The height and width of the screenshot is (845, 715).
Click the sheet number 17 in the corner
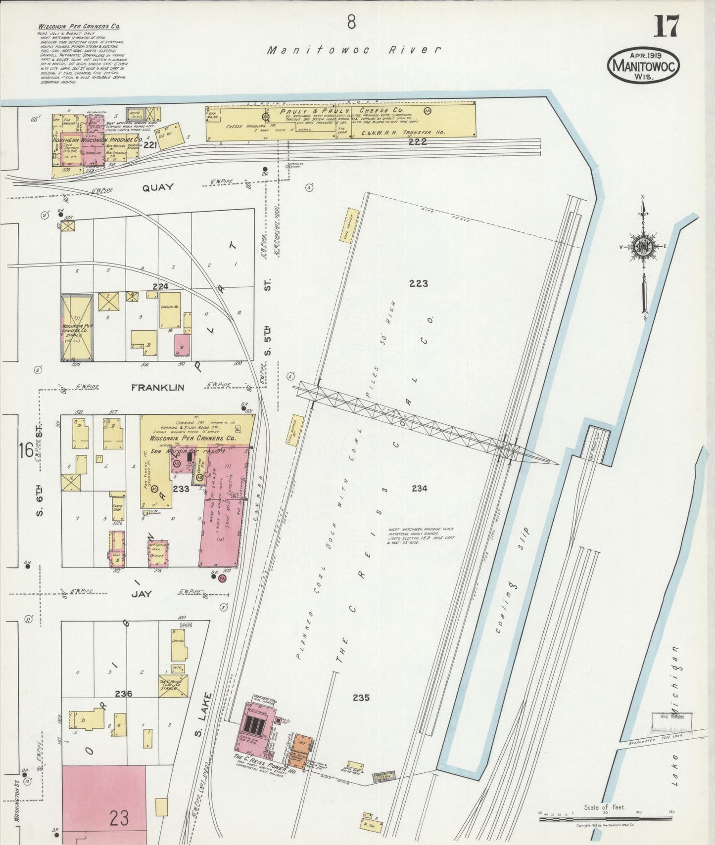coord(667,27)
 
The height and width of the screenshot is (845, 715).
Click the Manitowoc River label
coord(354,50)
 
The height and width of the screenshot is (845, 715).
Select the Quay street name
coord(158,187)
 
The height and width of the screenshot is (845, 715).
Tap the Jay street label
coord(142,594)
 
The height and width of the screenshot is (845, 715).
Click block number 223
coord(418,283)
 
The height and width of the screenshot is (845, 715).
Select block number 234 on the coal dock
coord(419,489)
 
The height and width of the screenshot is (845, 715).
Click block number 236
coord(123,694)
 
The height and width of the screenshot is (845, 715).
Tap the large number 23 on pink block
coord(119,818)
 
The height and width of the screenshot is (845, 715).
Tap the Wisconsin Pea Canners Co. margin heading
coord(79,27)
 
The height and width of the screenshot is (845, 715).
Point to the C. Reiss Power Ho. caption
coord(265,771)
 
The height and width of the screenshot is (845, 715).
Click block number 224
coord(160,286)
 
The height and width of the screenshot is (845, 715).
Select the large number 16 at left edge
coord(26,450)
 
